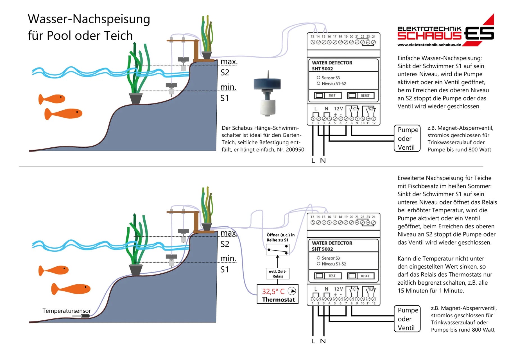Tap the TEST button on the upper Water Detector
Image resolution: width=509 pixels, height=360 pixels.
328,96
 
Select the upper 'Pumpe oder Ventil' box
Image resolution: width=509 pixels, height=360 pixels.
407,138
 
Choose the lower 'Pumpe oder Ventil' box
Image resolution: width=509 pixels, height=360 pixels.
407,319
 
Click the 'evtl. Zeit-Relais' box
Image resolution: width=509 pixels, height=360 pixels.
277,274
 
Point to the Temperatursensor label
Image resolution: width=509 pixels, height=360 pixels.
67,311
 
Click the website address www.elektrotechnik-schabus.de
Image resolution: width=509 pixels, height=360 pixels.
429,45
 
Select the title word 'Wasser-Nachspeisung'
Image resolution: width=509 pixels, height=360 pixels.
89,19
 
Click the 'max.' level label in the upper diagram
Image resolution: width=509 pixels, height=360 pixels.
229,61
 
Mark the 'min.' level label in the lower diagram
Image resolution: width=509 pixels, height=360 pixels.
228,258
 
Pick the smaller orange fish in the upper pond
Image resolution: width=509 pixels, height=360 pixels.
52,99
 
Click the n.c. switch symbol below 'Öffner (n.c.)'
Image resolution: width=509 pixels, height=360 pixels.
278,250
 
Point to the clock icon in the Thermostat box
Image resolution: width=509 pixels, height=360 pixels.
292,291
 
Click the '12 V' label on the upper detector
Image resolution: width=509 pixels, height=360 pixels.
338,109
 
